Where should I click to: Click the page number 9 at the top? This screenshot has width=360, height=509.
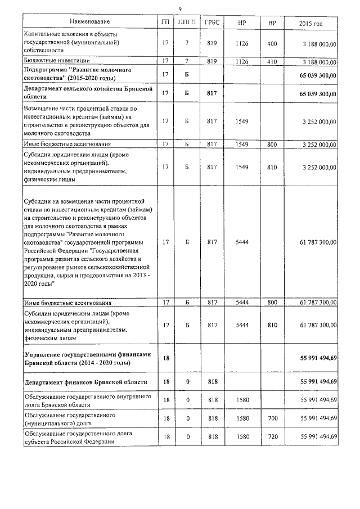179,8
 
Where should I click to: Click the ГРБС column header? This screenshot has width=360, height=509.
212,22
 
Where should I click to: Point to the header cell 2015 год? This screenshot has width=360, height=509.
310,22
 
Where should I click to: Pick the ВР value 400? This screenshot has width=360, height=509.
272,43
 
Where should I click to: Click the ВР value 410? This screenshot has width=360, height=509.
272,60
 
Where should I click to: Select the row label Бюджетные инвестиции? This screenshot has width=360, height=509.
57,60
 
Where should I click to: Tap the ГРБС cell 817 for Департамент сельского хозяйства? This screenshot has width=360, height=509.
212,93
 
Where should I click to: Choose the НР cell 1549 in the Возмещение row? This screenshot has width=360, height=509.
242,121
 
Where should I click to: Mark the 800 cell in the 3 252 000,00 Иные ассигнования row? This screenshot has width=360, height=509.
272,144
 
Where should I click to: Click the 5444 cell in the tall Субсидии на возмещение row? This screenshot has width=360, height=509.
242,242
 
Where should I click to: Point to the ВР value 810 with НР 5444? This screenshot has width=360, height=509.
272,325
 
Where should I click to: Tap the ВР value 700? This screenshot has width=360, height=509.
272,418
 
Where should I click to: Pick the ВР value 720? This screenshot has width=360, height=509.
272,436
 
